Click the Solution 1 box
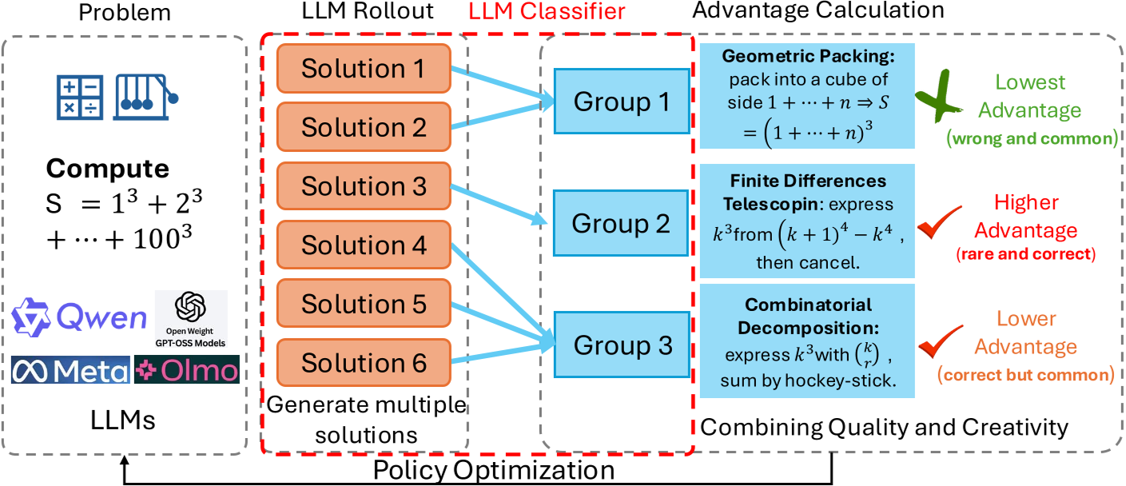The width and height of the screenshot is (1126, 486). [x=363, y=69]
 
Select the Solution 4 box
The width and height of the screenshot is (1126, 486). [x=363, y=245]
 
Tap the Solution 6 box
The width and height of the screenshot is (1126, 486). [x=363, y=364]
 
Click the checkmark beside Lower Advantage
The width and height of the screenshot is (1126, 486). [x=935, y=346]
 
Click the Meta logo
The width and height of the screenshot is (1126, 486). [x=71, y=370]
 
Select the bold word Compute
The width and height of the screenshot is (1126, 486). [x=107, y=169]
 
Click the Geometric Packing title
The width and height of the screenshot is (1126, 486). [x=807, y=58]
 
